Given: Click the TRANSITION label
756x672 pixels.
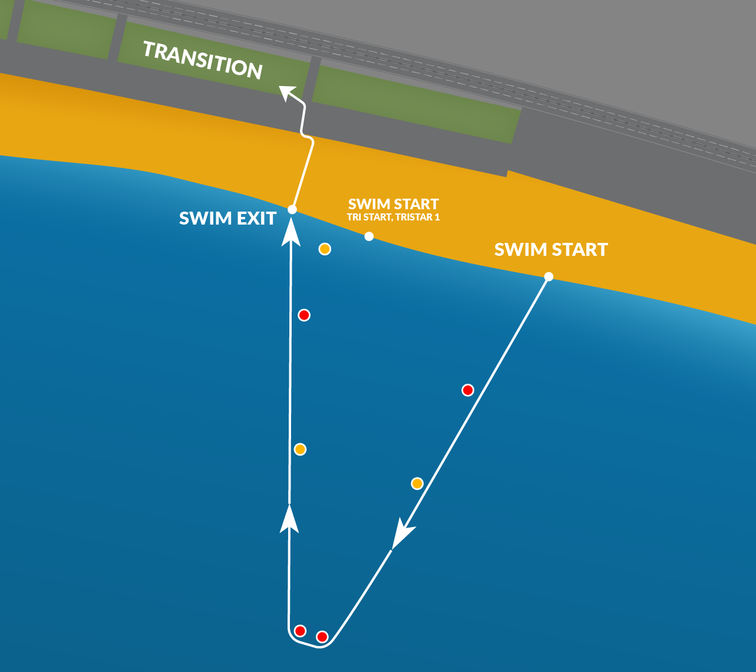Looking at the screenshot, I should [203, 60].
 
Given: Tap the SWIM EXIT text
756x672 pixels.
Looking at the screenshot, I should [227, 218].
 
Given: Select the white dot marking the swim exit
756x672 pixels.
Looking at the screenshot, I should [292, 209].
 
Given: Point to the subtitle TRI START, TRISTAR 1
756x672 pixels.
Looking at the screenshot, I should [394, 217].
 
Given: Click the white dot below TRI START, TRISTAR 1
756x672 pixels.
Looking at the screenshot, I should [369, 236].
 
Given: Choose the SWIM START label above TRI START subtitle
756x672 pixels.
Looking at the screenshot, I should [394, 204].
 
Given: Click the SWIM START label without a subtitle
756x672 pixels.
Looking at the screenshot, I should [551, 249].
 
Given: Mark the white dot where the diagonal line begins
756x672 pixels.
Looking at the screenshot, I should [549, 276].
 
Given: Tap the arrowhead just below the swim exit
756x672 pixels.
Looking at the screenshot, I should [290, 232].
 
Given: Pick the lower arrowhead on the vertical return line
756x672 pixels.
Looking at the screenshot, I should [289, 519].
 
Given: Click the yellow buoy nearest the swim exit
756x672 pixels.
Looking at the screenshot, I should [325, 249].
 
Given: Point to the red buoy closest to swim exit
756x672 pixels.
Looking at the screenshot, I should [304, 315].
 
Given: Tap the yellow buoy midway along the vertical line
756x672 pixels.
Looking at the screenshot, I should [300, 450].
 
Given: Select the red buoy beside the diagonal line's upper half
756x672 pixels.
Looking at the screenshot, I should [468, 390].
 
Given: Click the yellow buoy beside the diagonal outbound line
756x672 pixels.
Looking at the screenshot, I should [417, 484].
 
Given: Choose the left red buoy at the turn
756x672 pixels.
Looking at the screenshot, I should [300, 631].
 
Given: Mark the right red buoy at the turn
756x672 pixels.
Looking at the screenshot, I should [322, 637].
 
